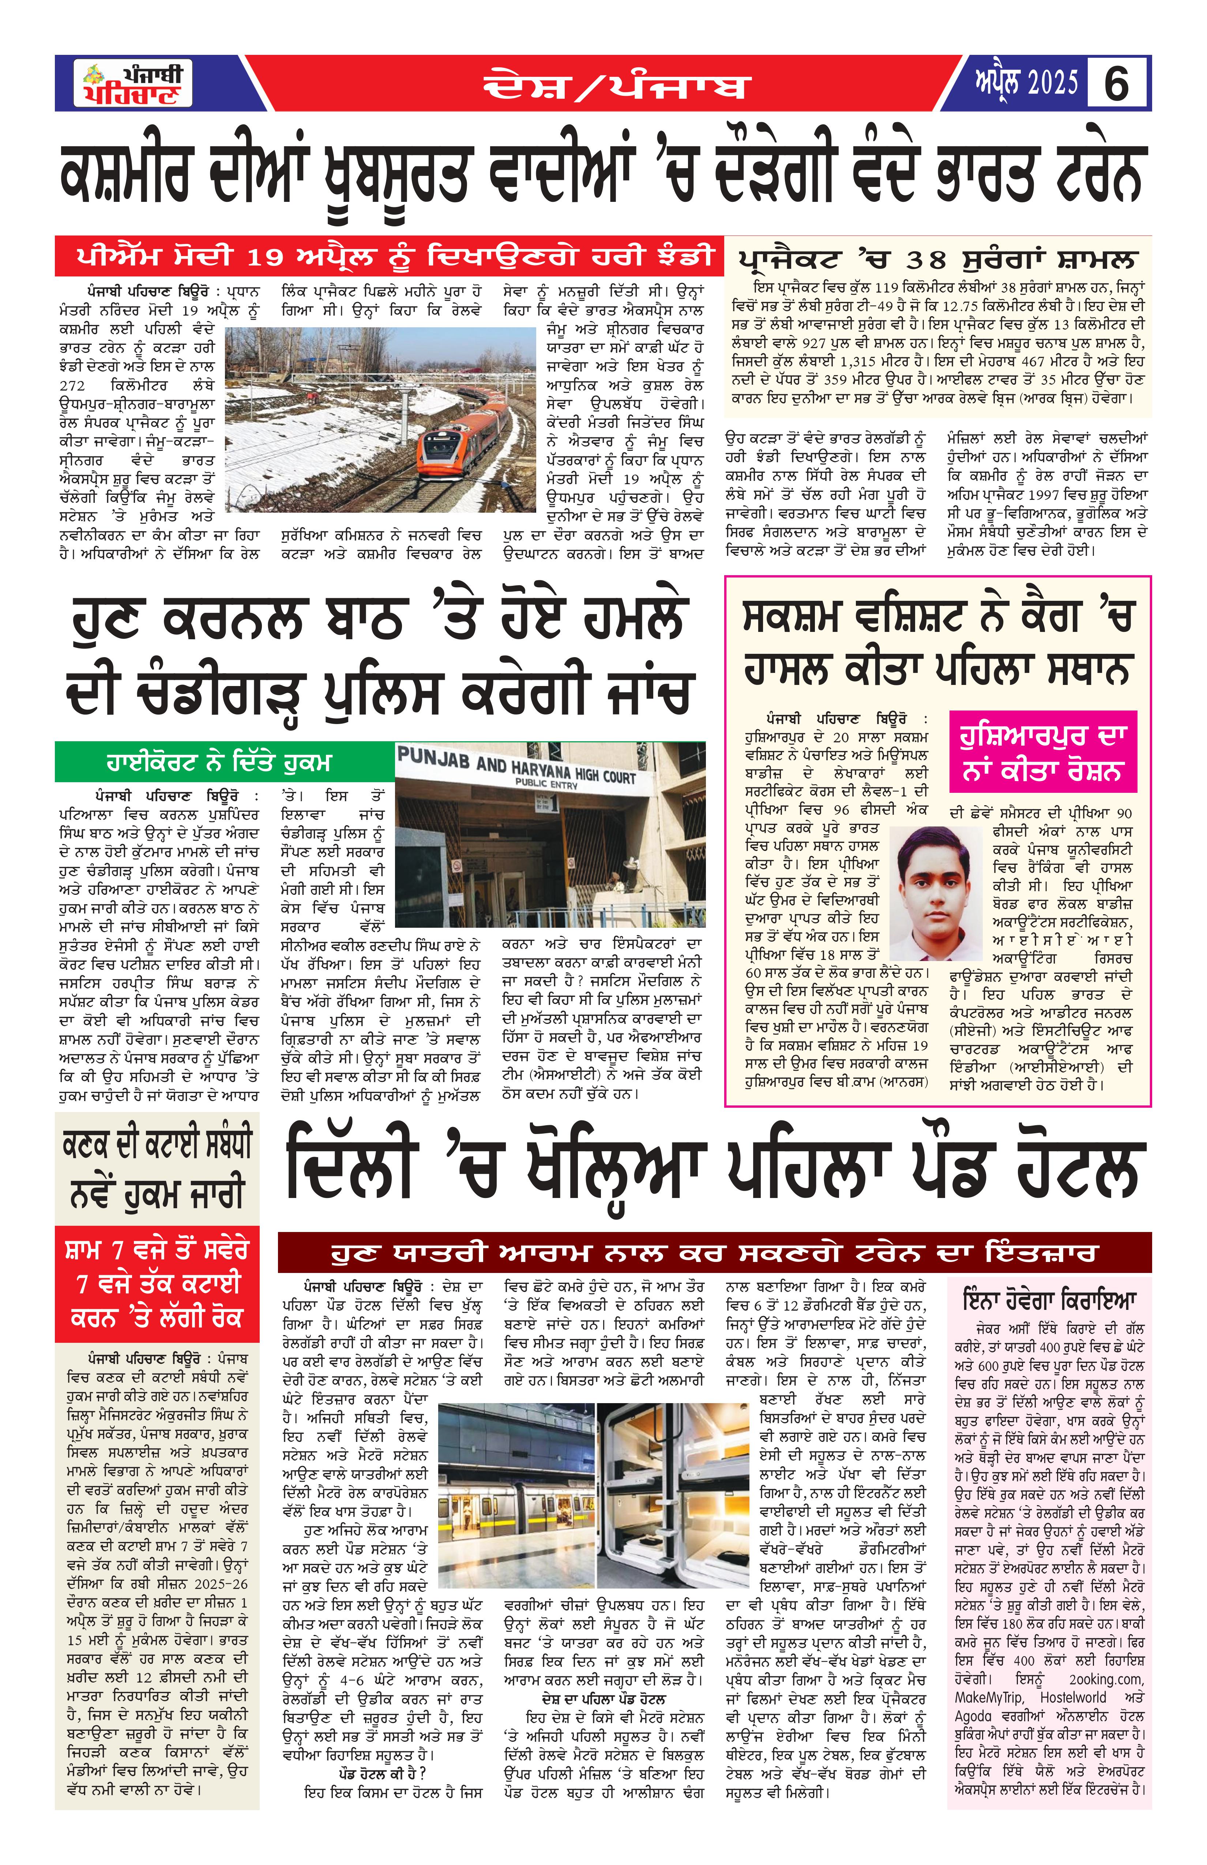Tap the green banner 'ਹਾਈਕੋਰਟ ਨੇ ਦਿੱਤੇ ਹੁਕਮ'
click(219, 762)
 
